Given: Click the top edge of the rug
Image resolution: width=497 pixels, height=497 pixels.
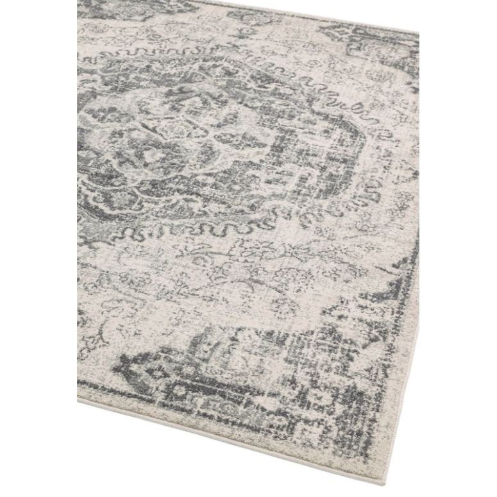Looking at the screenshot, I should [289, 14].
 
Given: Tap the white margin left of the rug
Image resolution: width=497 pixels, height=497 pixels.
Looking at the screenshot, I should [38, 257].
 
